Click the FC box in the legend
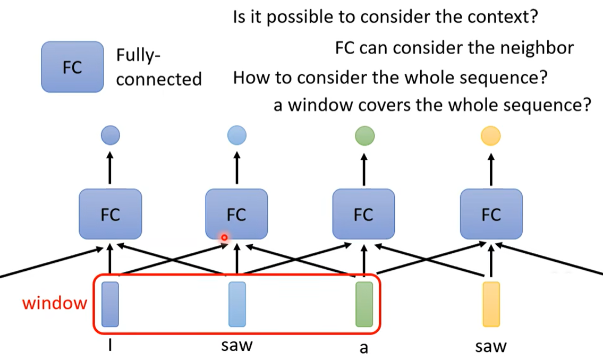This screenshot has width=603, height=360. pyautogui.click(x=72, y=67)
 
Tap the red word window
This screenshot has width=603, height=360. pyautogui.click(x=54, y=303)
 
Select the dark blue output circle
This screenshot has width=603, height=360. pyautogui.click(x=111, y=135)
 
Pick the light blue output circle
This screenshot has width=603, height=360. pyautogui.click(x=236, y=135)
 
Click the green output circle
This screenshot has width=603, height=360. pyautogui.click(x=364, y=135)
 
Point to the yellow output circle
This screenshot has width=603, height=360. pyautogui.click(x=490, y=135)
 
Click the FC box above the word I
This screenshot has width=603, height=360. pyautogui.click(x=110, y=215)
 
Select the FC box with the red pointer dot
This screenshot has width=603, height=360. pyautogui.click(x=236, y=215)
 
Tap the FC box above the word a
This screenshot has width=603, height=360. pyautogui.click(x=363, y=215)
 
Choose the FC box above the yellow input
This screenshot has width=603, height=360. pyautogui.click(x=491, y=215)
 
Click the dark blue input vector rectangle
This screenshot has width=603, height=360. pyautogui.click(x=110, y=304)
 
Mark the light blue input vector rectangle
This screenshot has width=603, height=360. pyautogui.click(x=237, y=304)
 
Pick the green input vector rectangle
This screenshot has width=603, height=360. pyautogui.click(x=364, y=304)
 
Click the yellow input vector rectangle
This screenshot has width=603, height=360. pyautogui.click(x=491, y=304)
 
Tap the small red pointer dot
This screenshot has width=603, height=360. pyautogui.click(x=224, y=238)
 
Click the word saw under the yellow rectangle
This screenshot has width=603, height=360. pyautogui.click(x=491, y=347)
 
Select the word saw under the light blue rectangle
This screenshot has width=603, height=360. pyautogui.click(x=237, y=346)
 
